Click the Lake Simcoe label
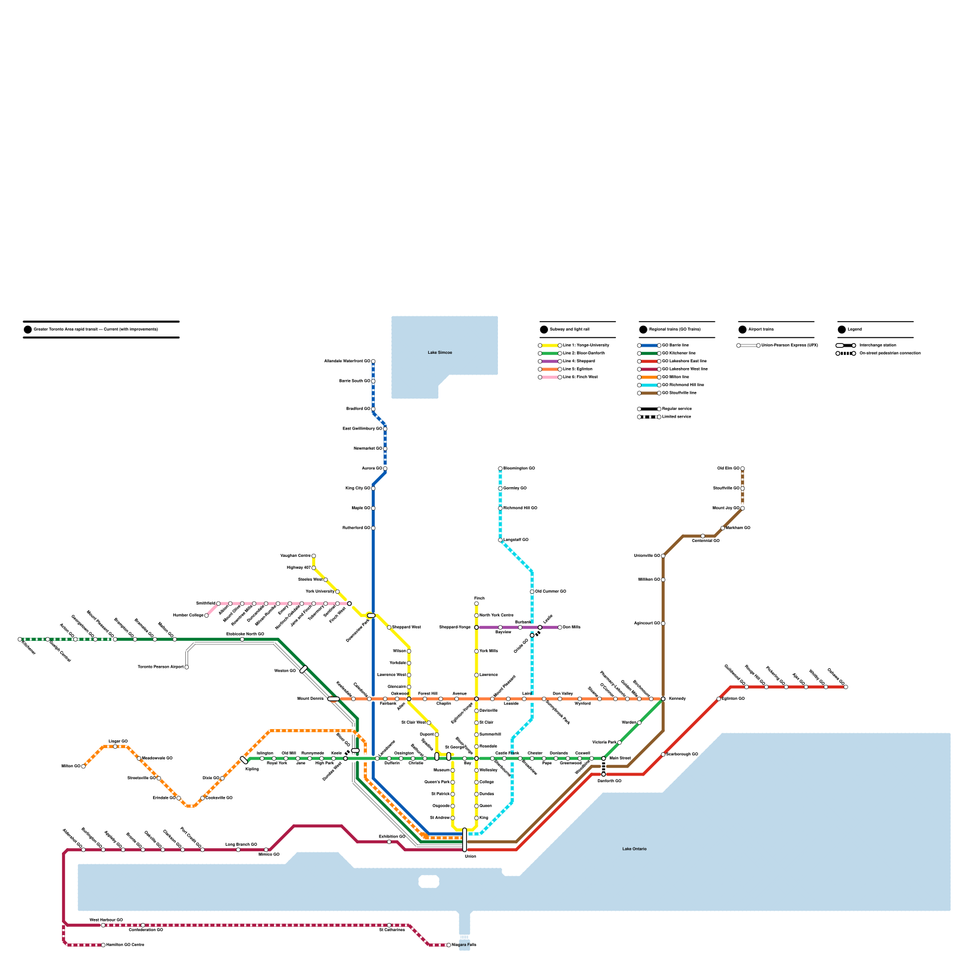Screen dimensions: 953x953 point(440,353)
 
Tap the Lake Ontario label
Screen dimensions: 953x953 point(634,849)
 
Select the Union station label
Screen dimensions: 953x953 point(471,857)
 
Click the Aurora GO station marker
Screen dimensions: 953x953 point(385,469)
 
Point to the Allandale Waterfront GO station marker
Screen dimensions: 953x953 point(373,362)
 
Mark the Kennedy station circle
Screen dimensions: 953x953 point(663,699)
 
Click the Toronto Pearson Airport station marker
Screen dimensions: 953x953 point(186,667)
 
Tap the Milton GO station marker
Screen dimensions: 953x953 point(83,767)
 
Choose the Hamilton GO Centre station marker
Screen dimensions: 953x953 point(103,945)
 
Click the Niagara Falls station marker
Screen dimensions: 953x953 point(449,945)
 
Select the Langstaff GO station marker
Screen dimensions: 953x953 point(500,540)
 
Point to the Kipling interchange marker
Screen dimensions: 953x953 point(244,760)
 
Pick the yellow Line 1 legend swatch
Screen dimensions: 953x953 point(550,345)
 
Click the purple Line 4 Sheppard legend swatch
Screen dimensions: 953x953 point(550,362)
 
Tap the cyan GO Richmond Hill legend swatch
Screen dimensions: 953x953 point(649,385)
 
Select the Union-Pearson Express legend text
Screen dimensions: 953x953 point(789,345)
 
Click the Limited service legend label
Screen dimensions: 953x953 point(677,417)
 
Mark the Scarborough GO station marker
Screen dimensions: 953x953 point(663,755)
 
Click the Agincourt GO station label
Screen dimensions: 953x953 point(647,624)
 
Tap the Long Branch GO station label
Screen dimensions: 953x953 point(241,845)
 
